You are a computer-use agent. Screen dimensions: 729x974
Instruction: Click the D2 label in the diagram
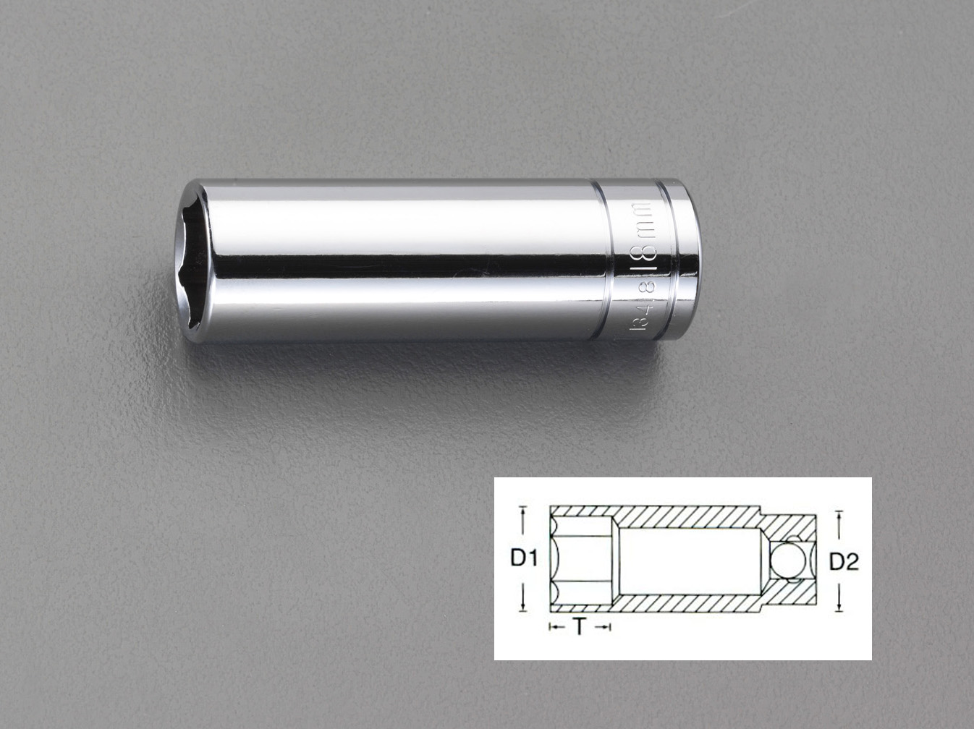coord(843,561)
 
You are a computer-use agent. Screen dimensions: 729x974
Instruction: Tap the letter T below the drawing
coord(580,627)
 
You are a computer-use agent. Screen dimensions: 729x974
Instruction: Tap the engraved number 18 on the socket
coord(648,260)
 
